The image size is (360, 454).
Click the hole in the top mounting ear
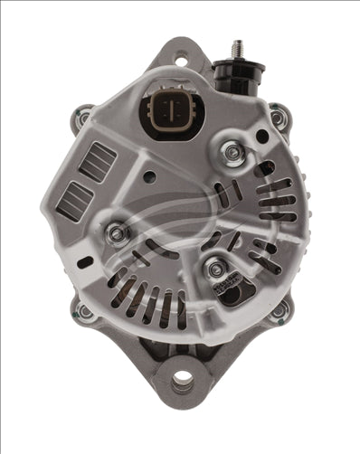coord(180,61)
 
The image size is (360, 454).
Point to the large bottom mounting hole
coord(181,383)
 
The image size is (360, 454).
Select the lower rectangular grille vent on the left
coord(73,197)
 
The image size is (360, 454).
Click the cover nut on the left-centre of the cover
coord(117,233)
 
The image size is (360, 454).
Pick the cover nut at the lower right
coord(216,268)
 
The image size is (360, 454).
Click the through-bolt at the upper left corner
coord(84,118)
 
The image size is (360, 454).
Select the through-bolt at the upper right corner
coord(277,116)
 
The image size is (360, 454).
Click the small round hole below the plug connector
coord(149,176)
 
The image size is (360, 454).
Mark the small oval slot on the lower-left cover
coord(86,261)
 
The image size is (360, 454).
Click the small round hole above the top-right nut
coord(261,137)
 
